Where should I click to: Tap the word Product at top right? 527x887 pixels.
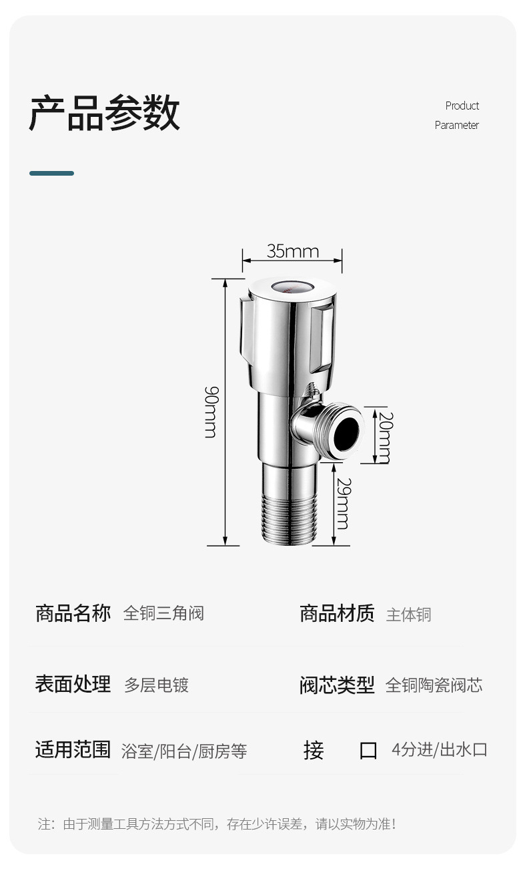point(462,106)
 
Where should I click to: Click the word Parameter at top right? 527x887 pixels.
point(456,125)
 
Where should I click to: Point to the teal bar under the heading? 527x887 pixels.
point(51,173)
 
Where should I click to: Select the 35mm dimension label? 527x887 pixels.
point(293,251)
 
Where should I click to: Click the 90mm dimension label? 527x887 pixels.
point(211,411)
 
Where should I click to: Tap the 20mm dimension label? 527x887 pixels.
point(384,437)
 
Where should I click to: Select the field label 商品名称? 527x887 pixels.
point(73,613)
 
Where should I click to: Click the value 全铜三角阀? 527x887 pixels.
point(163,613)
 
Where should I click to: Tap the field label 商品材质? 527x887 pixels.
point(337,613)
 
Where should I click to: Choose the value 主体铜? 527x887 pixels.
point(408,614)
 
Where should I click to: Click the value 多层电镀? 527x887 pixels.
point(156,685)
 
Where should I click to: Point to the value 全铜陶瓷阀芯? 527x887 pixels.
point(434,685)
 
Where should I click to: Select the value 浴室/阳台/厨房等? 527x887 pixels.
point(184,751)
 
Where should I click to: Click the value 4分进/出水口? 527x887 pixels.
point(439,749)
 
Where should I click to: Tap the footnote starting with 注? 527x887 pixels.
point(217,824)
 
